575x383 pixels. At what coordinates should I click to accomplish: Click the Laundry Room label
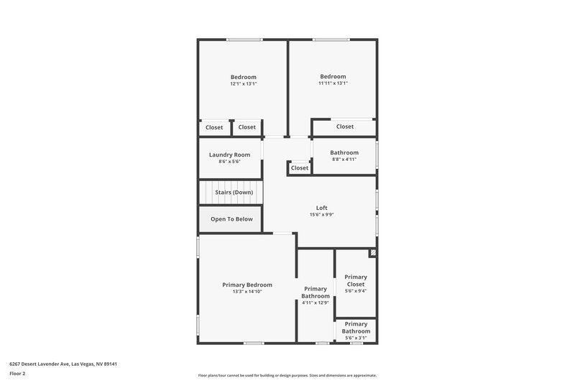coord(229,154)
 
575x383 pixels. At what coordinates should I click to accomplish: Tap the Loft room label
coord(321,208)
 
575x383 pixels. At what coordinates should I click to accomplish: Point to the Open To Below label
coord(231,219)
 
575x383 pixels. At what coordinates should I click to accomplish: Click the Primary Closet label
coord(356,280)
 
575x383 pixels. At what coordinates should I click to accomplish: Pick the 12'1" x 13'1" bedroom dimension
coord(243,84)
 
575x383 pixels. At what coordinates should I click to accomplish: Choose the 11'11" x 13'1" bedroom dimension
coord(333,83)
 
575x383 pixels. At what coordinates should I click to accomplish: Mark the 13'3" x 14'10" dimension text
coord(247,292)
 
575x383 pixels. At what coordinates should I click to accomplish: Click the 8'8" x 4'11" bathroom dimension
coord(344,160)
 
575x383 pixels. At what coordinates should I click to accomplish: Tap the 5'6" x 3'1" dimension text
coord(356,338)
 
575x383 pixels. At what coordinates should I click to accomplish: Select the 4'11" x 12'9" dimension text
coord(316,303)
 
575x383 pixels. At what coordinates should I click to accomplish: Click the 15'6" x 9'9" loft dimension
coord(321,214)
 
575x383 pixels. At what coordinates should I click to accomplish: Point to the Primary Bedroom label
coord(247,285)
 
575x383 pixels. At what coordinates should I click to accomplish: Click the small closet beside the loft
coord(300,168)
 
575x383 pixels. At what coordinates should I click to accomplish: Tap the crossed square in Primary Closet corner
coord(372,253)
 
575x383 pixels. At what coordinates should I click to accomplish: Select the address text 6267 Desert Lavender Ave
coord(63,364)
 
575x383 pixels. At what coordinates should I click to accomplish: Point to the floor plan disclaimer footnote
coord(287,375)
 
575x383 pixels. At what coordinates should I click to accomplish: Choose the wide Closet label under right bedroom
coord(345,126)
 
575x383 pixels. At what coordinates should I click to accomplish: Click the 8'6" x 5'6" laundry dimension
coord(229,162)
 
